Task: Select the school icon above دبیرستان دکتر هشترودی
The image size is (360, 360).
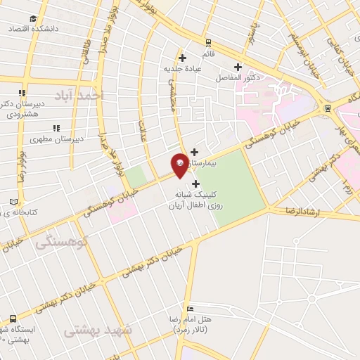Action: pos(22,92)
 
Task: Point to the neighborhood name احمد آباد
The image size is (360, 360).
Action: pos(92,94)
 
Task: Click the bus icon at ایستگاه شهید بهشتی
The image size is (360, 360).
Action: pos(11,319)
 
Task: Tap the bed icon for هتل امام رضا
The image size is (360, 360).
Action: pos(191,309)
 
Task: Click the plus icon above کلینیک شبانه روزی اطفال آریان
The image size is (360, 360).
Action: pos(195,184)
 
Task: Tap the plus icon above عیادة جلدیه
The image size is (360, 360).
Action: pos(182,58)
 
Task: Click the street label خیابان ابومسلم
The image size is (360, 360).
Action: pos(304,49)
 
